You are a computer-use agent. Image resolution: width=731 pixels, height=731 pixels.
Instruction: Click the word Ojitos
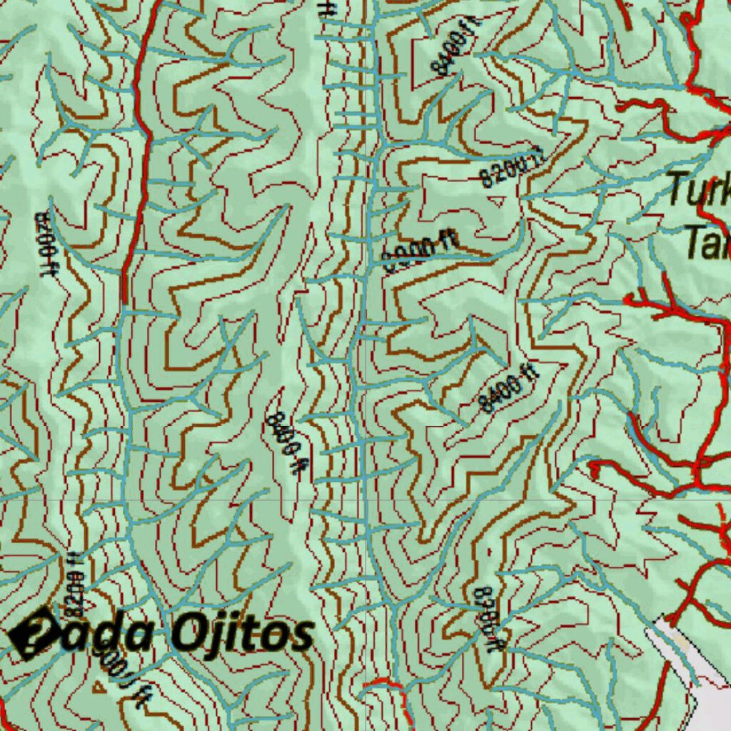tap(243, 634)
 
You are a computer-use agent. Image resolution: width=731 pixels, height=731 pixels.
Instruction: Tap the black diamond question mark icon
tap(32, 632)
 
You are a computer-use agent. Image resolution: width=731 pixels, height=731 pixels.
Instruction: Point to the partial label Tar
tap(707, 243)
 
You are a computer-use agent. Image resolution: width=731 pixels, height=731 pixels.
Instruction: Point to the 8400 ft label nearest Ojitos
tap(286, 442)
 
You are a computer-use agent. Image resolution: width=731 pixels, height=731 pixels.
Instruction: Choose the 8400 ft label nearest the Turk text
tap(507, 388)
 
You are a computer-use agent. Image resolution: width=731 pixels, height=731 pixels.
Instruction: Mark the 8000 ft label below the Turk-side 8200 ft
tap(419, 253)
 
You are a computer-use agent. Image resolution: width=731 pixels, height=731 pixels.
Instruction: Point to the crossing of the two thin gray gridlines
tap(366, 500)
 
